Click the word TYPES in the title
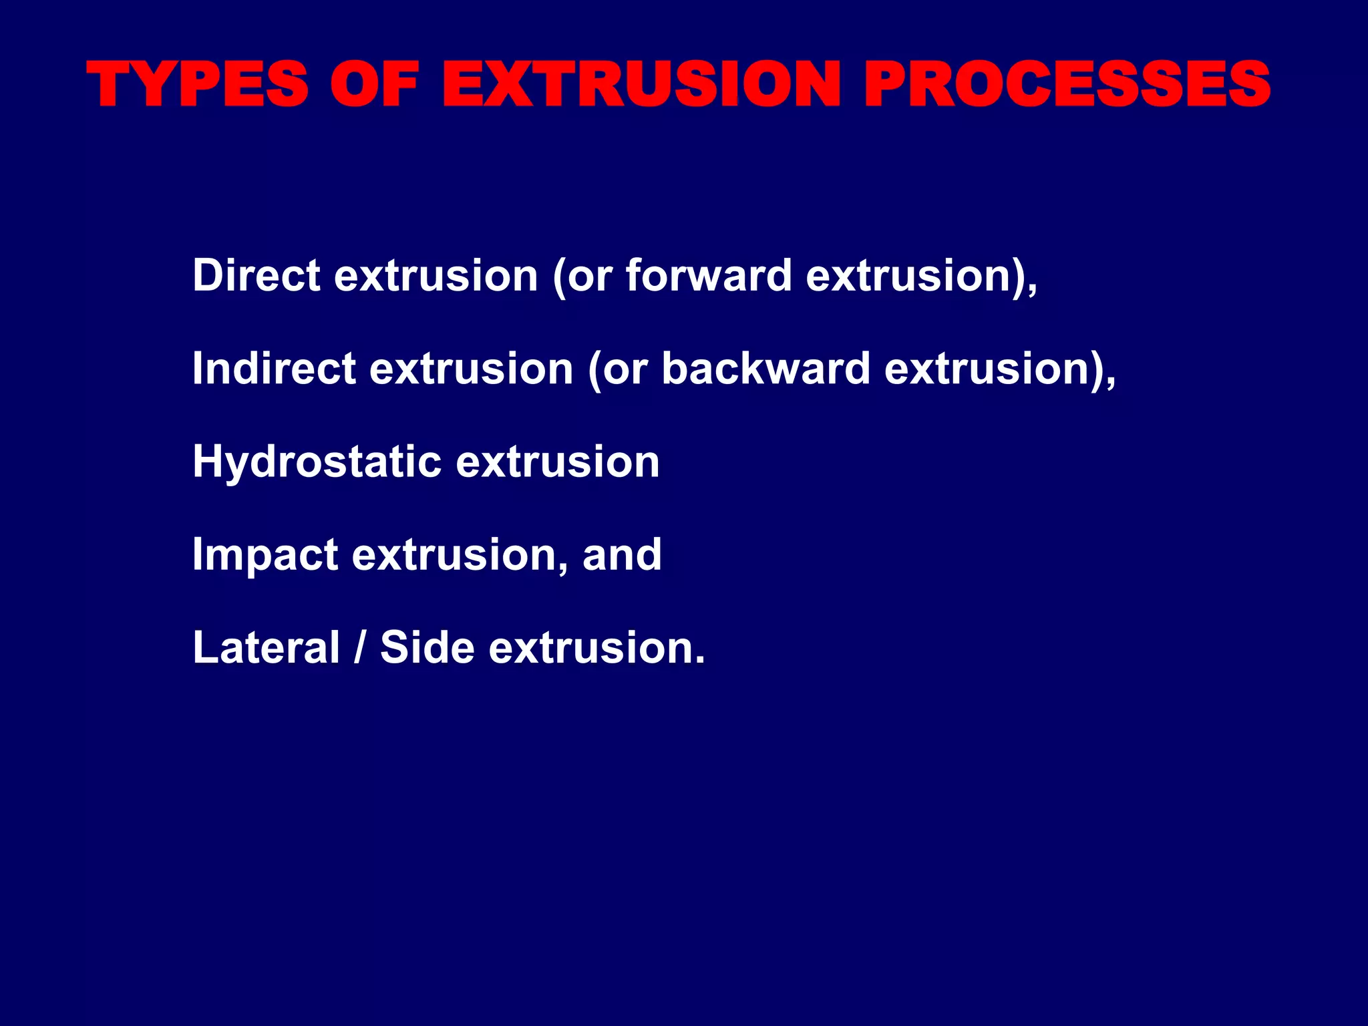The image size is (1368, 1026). tap(198, 85)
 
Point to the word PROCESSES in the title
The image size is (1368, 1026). tap(1067, 85)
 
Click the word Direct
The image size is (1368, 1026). tap(256, 275)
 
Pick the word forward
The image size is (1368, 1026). tap(709, 275)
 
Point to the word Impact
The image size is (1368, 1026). tap(265, 554)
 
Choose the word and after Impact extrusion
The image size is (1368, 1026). tap(622, 554)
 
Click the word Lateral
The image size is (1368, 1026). tap(267, 647)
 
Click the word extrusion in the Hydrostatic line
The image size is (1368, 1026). tap(558, 462)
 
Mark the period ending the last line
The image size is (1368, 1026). tap(699, 661)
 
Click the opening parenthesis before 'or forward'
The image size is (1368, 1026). tap(560, 277)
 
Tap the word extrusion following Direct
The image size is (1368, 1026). tap(436, 275)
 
